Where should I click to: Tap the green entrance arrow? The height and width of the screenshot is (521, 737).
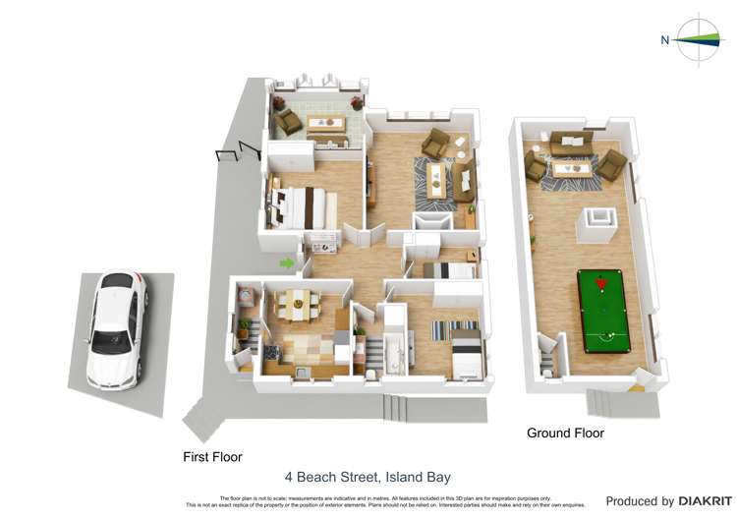point(287,262)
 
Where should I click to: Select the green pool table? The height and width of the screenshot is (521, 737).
point(608,312)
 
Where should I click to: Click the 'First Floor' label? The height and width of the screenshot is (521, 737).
point(212,456)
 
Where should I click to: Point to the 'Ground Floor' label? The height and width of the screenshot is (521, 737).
point(565,433)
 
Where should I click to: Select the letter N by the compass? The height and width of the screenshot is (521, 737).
point(665,39)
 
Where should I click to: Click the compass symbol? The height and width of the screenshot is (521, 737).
point(701,38)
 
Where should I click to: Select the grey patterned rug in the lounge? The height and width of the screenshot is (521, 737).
point(436,182)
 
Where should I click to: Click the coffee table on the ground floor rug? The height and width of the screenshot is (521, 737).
point(572,168)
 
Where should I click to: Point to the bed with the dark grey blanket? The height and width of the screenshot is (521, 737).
point(467,353)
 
